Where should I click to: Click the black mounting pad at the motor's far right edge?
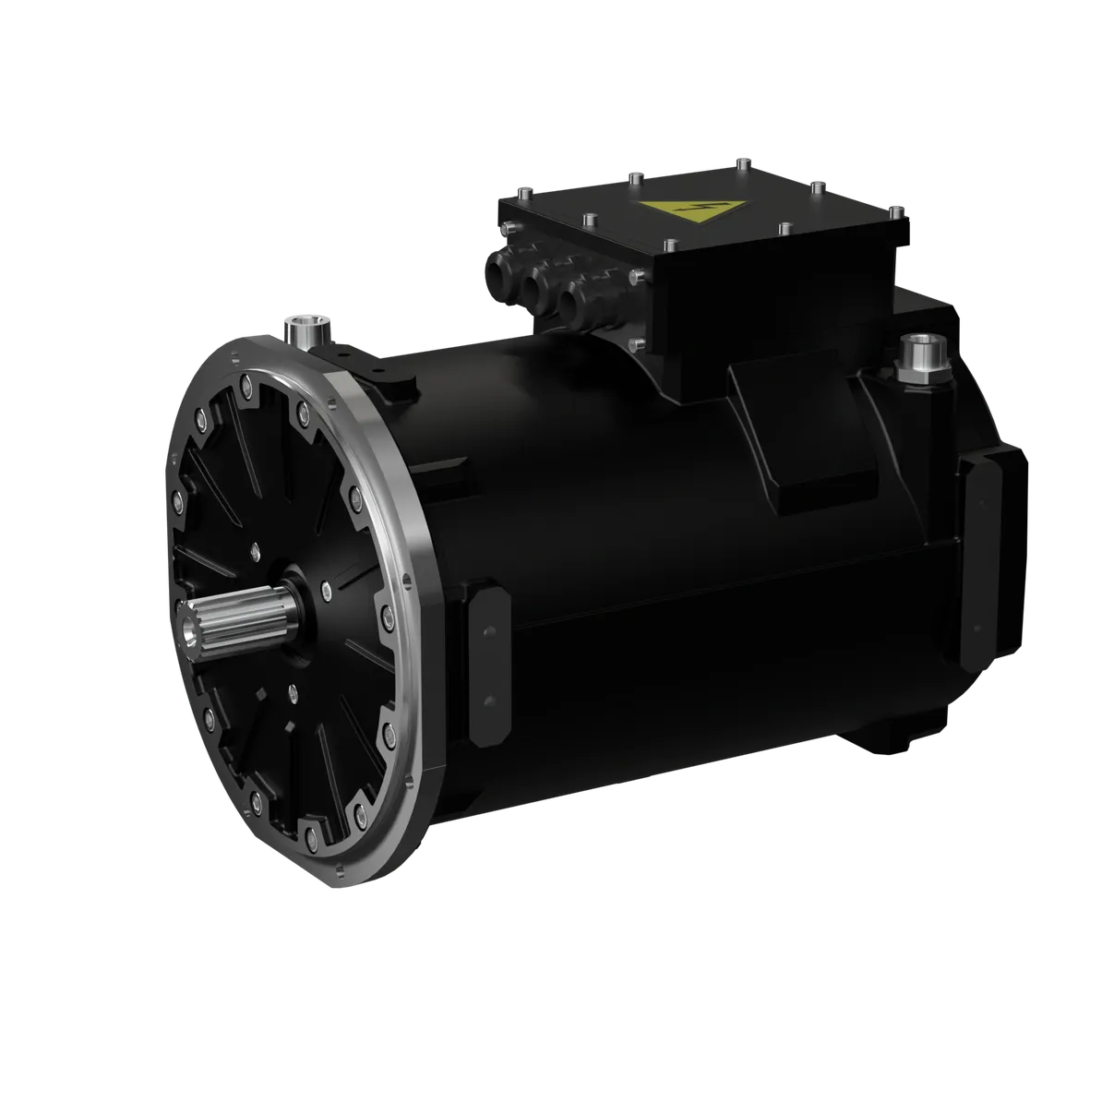(x=982, y=565)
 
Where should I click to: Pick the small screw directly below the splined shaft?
(x=291, y=690)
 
